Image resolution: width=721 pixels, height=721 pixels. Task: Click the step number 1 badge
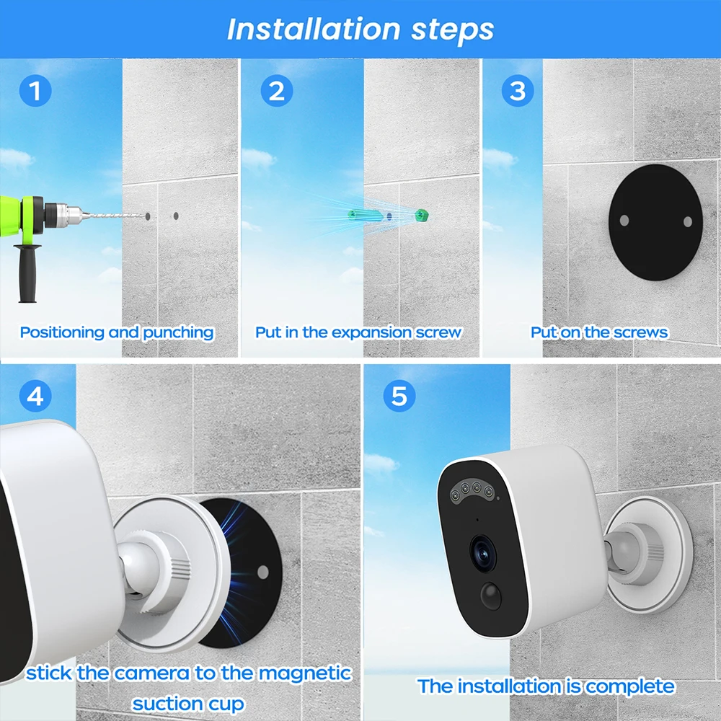[35, 91]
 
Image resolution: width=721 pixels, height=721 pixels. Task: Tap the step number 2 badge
[277, 91]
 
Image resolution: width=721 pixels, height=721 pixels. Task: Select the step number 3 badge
[518, 91]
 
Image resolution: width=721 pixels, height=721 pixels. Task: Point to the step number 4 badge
[35, 396]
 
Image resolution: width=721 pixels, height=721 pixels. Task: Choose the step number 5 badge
[399, 395]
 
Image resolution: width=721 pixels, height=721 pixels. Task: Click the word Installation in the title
[314, 30]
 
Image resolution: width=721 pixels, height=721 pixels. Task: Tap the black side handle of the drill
[27, 273]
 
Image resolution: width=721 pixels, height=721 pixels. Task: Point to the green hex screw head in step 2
[422, 215]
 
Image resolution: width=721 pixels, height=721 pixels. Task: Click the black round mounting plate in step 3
[655, 222]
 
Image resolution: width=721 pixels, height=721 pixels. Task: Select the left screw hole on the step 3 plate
[624, 220]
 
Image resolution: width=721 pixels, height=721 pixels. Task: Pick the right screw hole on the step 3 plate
[688, 222]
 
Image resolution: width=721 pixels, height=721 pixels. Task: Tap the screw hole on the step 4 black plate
[262, 572]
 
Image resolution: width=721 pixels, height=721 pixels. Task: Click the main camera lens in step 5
[483, 554]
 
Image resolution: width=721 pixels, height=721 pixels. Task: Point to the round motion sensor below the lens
[490, 596]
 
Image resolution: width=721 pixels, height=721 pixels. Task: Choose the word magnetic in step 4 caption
[305, 673]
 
